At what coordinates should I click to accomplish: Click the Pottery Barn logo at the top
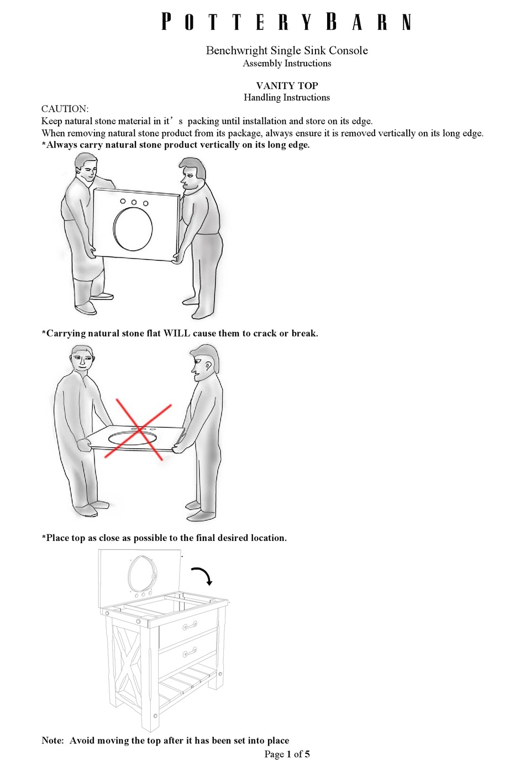click(x=287, y=22)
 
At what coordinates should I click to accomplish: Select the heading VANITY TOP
click(x=287, y=86)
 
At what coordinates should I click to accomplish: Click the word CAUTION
click(x=65, y=109)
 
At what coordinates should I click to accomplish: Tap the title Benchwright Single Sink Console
click(x=287, y=50)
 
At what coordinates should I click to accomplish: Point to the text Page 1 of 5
click(x=287, y=754)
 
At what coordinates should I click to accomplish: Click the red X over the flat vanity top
click(x=138, y=429)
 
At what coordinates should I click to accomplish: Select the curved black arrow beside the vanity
click(x=202, y=575)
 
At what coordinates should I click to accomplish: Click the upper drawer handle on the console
click(x=190, y=626)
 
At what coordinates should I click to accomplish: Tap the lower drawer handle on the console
click(x=190, y=654)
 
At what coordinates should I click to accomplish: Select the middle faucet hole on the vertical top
click(x=134, y=202)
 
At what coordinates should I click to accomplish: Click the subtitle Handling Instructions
click(x=287, y=98)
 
